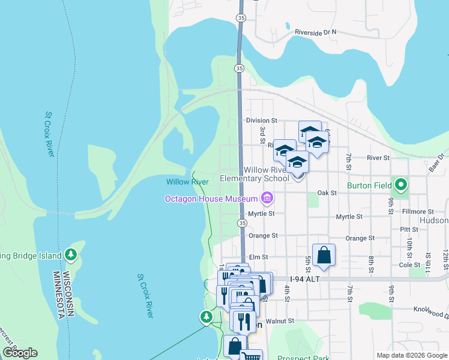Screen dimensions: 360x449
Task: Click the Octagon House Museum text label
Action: point(211,199)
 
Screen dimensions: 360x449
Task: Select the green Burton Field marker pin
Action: point(400,185)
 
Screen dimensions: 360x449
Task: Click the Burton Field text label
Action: point(369,186)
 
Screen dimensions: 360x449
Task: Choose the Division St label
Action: point(261,121)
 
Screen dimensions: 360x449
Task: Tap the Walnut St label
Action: point(281,321)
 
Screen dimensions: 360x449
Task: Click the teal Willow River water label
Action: point(187,182)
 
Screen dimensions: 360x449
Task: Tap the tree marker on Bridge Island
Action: point(71,254)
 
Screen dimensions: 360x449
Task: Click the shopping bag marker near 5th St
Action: point(324,255)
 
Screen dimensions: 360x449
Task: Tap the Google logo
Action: point(20,353)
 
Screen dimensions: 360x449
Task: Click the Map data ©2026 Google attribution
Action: point(411,355)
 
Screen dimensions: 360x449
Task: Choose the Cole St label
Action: point(410,265)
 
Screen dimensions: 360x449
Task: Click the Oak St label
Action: point(325,193)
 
